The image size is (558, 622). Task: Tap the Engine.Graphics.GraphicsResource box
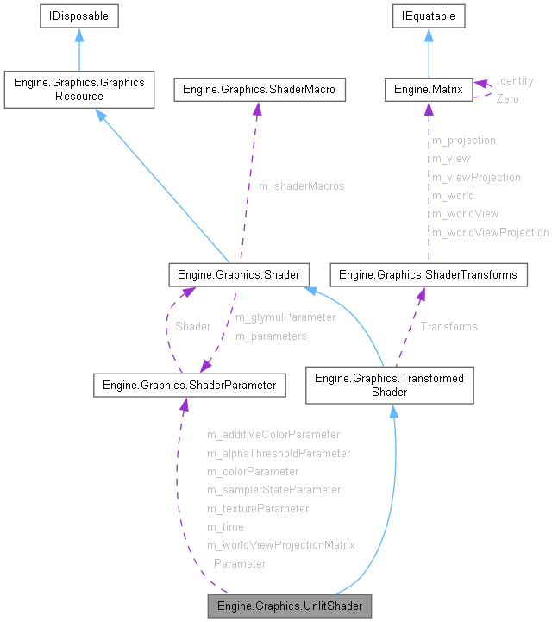(78, 90)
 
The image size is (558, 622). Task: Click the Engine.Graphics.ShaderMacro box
(260, 89)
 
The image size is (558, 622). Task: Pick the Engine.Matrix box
(429, 89)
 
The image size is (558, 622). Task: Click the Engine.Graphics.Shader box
(238, 275)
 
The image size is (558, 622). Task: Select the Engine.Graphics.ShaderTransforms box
(429, 275)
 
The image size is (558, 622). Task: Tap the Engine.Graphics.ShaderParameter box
(189, 386)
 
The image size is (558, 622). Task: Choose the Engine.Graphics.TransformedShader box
(389, 385)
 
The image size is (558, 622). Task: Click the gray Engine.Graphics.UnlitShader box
(290, 606)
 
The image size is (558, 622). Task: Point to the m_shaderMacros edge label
(302, 186)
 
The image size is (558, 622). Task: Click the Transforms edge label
(448, 326)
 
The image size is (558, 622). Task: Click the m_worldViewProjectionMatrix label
(280, 544)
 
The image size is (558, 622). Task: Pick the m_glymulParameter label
(285, 317)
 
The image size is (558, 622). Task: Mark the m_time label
(225, 526)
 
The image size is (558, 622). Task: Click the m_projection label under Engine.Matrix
(463, 140)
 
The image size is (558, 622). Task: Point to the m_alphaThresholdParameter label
(278, 453)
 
